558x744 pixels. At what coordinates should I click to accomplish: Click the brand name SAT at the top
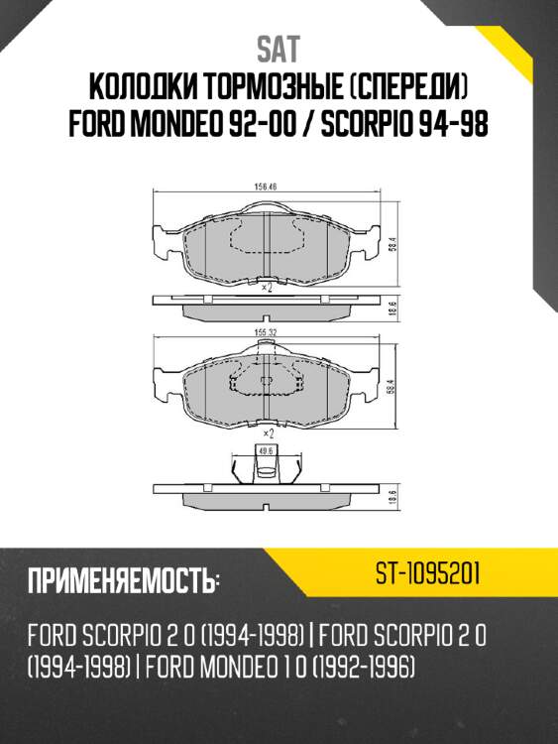(x=278, y=48)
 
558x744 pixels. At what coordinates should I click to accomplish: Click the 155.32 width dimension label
(x=265, y=331)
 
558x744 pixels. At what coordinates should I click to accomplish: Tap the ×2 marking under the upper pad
(x=265, y=288)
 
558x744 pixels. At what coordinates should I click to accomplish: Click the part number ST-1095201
(x=428, y=573)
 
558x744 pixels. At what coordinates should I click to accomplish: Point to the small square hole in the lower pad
(x=265, y=383)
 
